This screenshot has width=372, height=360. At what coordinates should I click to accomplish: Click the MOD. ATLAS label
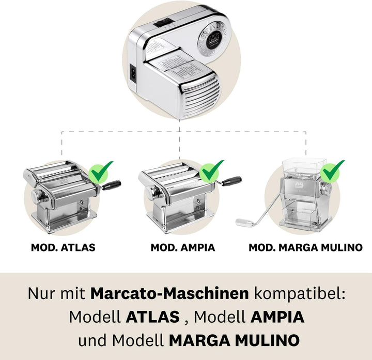point(63,247)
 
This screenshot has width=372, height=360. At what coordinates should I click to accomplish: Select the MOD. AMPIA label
point(183,247)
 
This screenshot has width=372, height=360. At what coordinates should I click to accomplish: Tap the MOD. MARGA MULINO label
point(305,247)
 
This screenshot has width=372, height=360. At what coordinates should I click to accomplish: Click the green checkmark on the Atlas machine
point(102,172)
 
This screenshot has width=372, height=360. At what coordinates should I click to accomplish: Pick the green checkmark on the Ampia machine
point(212,171)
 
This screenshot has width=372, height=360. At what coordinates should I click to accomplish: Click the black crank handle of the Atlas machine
point(113,184)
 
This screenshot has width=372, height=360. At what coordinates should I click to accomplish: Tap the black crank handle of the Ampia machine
point(231,181)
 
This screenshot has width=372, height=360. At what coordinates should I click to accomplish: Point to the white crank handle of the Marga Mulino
point(243,223)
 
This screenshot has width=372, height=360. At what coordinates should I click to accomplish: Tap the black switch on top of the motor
point(164,22)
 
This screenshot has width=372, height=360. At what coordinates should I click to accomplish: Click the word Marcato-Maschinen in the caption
point(169,294)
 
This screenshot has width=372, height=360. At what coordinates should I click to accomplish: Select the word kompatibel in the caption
point(299,294)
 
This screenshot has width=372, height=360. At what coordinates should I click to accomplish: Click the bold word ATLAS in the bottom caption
point(152,317)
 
